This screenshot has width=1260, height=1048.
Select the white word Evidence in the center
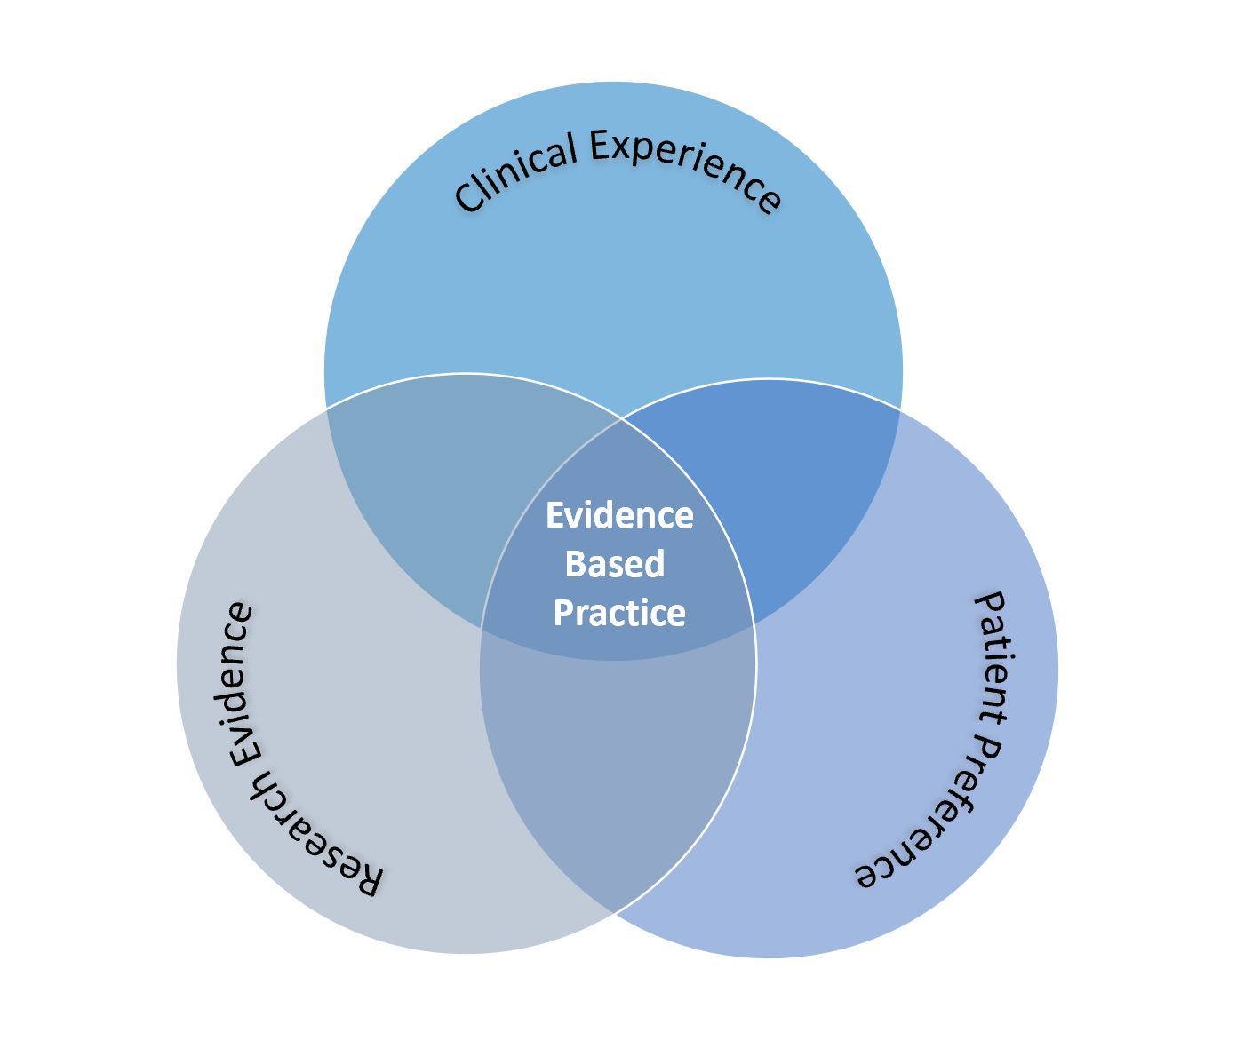(x=618, y=515)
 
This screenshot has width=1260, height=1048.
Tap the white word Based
(x=615, y=564)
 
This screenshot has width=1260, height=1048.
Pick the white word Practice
(x=619, y=613)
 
